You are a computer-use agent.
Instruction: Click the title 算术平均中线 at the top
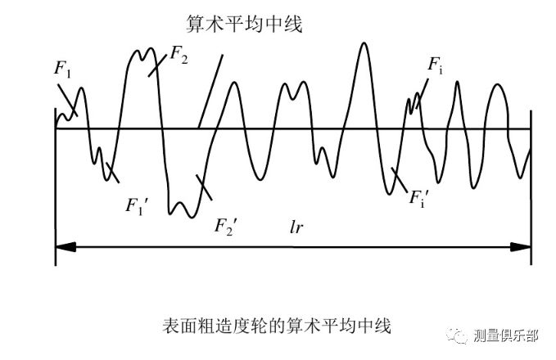click(245, 25)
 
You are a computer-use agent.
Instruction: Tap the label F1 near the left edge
click(63, 70)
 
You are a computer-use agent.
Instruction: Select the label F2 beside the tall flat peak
click(179, 55)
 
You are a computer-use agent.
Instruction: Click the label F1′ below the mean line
click(135, 205)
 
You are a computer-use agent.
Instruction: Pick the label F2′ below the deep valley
click(225, 225)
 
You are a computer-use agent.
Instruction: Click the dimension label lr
click(296, 226)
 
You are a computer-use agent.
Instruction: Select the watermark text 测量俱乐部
click(506, 335)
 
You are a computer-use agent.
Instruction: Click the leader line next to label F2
click(157, 64)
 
